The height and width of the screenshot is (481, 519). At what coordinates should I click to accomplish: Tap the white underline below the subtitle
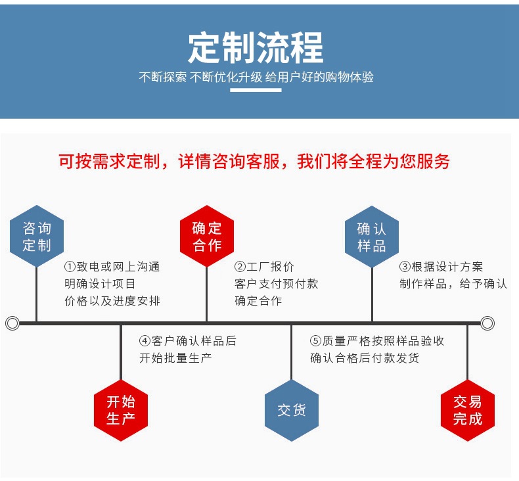[256, 91]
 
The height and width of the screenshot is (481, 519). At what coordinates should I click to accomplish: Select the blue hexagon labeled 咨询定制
[37, 237]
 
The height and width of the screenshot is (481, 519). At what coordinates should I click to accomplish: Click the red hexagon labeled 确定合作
[207, 237]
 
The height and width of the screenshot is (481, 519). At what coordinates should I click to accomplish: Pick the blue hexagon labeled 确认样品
[372, 237]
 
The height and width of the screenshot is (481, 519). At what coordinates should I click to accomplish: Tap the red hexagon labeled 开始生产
[121, 409]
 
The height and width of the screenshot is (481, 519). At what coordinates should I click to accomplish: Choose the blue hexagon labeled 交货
[291, 409]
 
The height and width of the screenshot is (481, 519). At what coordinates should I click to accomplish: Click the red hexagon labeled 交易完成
[467, 409]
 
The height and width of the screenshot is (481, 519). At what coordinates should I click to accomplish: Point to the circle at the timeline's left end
[12, 323]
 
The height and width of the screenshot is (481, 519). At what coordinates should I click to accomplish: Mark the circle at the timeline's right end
[487, 323]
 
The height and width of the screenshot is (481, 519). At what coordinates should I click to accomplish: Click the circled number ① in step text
[70, 267]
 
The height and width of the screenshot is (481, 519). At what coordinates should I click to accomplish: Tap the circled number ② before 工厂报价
[240, 267]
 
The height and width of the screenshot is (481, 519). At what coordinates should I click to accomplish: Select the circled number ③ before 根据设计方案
[405, 267]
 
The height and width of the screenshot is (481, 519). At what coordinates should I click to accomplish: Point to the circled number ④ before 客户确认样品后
[145, 341]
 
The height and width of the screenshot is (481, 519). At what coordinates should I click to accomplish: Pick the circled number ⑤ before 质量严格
[316, 341]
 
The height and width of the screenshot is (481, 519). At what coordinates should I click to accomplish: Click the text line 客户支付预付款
[277, 284]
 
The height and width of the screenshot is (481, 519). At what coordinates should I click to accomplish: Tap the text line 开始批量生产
[175, 358]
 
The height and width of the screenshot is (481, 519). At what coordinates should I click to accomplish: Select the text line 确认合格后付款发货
[365, 358]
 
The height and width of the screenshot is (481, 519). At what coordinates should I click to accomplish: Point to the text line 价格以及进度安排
[112, 301]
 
